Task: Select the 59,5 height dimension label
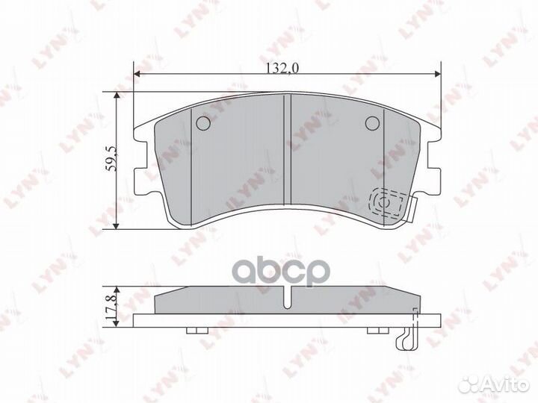click(x=110, y=160)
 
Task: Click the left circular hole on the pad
click(x=202, y=124)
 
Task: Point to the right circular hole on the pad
click(x=371, y=124)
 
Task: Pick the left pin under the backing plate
click(x=194, y=331)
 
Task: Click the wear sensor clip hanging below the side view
click(x=404, y=337)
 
